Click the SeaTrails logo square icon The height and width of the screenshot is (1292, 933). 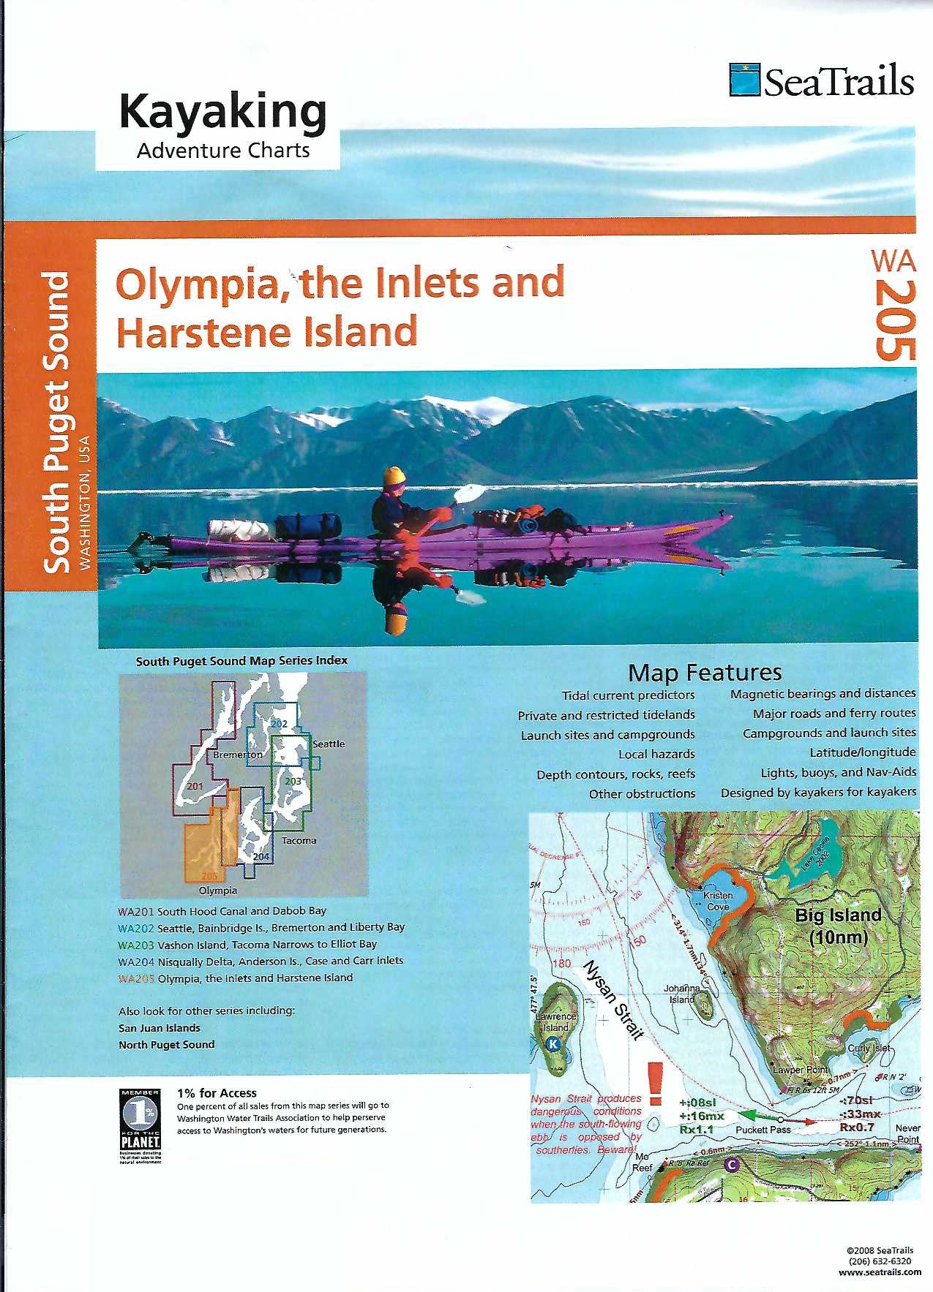click(x=745, y=80)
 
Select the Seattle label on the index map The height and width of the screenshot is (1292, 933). click(x=329, y=744)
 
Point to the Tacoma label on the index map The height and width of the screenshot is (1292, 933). click(x=299, y=840)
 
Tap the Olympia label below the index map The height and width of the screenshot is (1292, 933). click(x=218, y=891)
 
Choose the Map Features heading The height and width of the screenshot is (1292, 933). click(x=705, y=672)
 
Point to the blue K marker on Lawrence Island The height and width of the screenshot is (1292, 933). click(x=554, y=1045)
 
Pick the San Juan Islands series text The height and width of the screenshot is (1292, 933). click(x=159, y=1028)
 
